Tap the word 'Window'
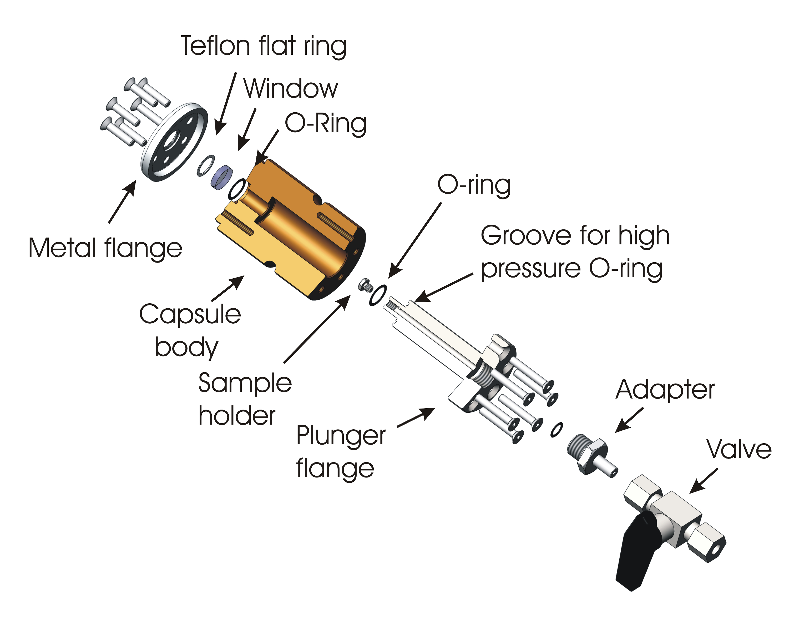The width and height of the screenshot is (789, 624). click(291, 89)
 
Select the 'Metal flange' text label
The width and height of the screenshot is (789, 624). click(105, 248)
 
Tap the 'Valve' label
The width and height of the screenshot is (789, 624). click(739, 449)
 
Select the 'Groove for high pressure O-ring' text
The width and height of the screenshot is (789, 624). click(575, 252)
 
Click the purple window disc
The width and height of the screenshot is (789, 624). click(222, 177)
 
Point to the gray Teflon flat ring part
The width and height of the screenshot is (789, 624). click(206, 165)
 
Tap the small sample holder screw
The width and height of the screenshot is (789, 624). click(365, 285)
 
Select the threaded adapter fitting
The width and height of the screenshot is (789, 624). click(589, 453)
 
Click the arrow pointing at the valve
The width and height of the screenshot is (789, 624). click(704, 481)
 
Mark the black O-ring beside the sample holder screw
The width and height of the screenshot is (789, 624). click(378, 295)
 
